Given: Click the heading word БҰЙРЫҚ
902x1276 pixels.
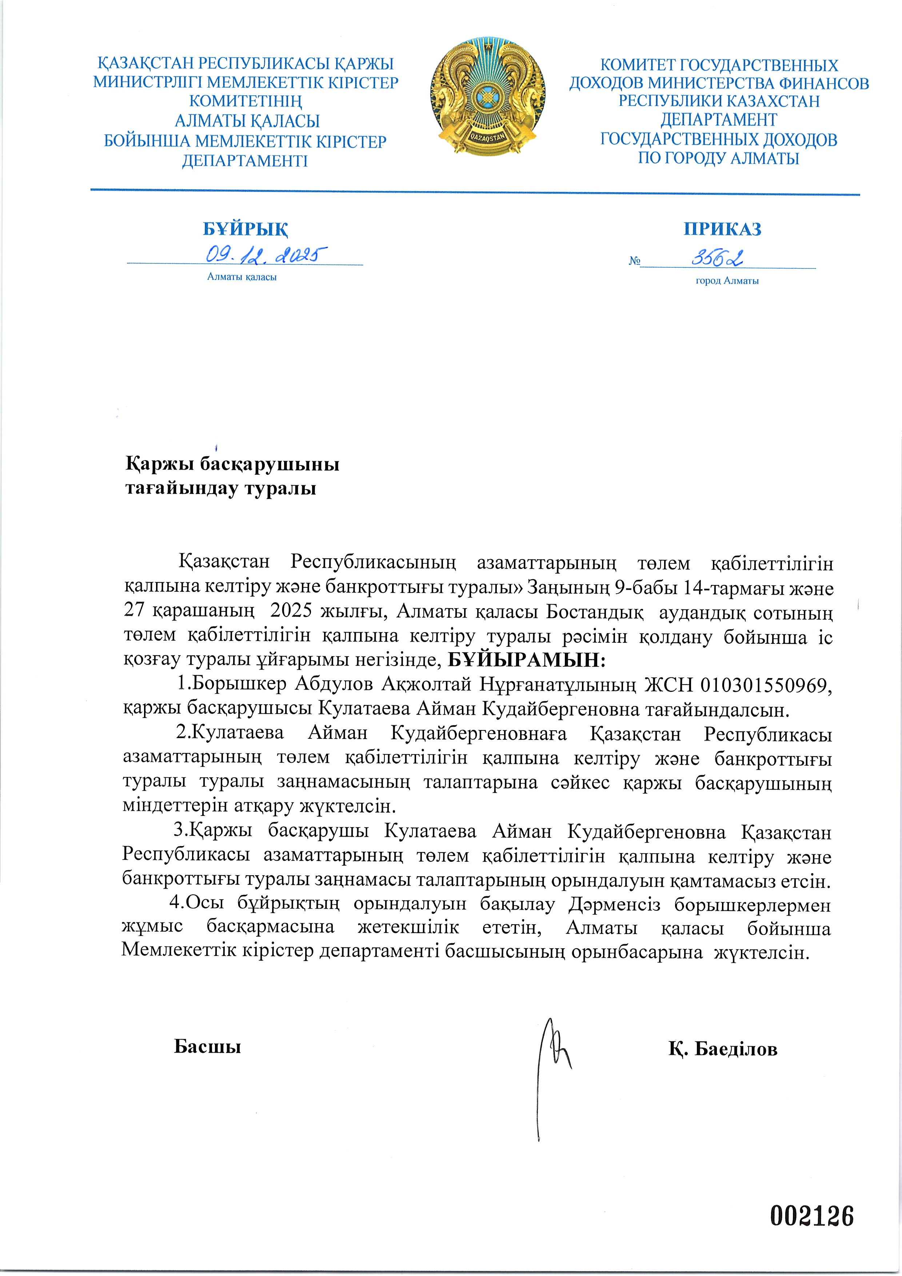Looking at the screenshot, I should click(245, 229).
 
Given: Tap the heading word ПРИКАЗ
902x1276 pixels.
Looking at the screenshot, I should click(722, 229).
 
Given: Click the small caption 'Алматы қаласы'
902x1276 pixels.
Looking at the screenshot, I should click(242, 277).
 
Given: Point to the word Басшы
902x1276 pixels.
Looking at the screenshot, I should click(207, 1046).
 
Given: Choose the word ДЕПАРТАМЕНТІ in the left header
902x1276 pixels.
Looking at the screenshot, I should click(244, 161).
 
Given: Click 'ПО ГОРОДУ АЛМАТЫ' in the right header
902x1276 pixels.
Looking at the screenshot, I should click(718, 158).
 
